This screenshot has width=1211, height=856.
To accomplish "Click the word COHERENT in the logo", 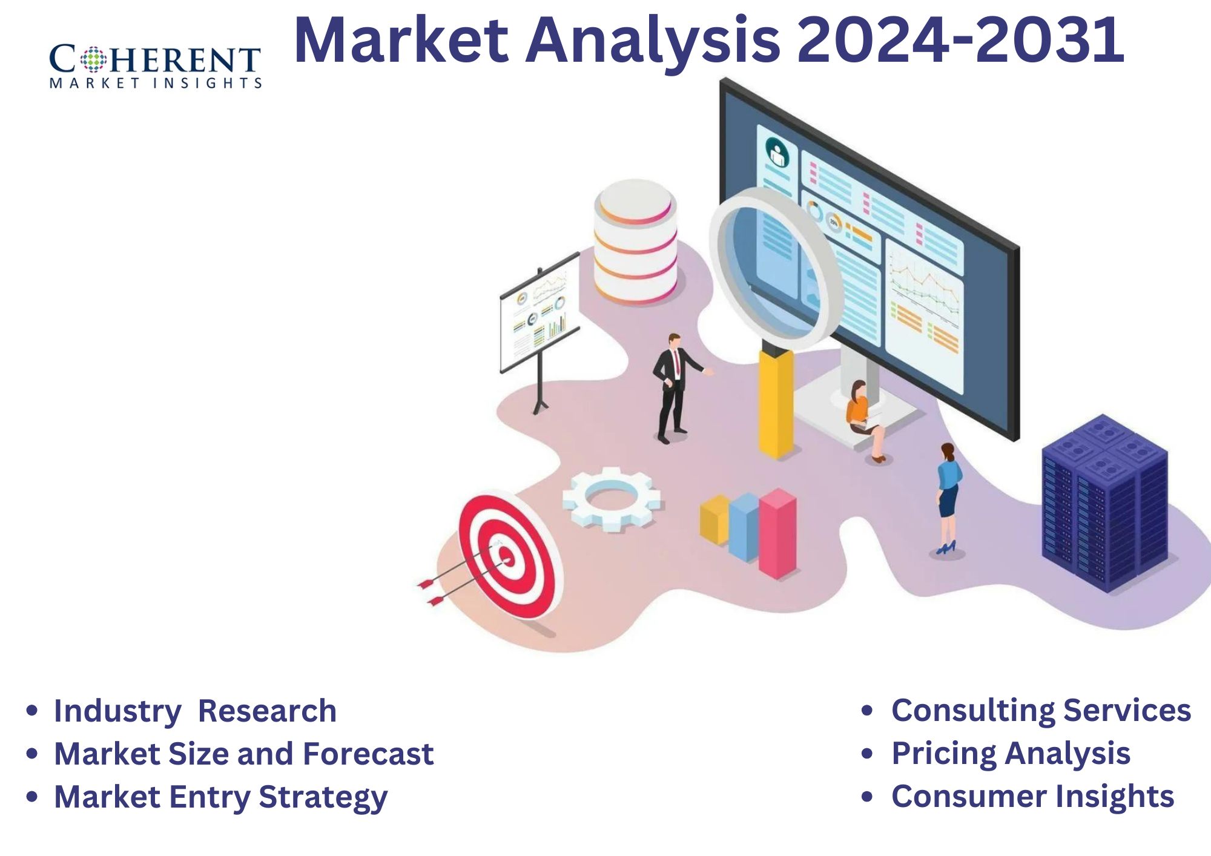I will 155,60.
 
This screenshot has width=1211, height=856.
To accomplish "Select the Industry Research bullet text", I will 195,711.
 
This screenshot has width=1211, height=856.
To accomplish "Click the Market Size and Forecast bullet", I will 243,754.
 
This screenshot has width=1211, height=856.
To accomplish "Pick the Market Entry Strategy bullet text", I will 220,797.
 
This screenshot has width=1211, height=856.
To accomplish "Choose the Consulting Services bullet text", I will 1041,710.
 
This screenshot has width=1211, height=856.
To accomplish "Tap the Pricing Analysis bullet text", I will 1011,753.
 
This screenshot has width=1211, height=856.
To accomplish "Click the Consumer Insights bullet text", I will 1032,796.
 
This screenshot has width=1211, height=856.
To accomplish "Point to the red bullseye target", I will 507,557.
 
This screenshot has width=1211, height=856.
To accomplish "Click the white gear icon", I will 612,499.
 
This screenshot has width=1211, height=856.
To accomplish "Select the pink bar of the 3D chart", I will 777,533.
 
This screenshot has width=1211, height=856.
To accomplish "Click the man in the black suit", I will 673,387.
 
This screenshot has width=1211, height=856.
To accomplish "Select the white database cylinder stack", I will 635,242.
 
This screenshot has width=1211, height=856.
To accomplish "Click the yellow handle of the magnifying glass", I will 776,403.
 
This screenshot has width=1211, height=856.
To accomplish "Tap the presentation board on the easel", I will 539,312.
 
